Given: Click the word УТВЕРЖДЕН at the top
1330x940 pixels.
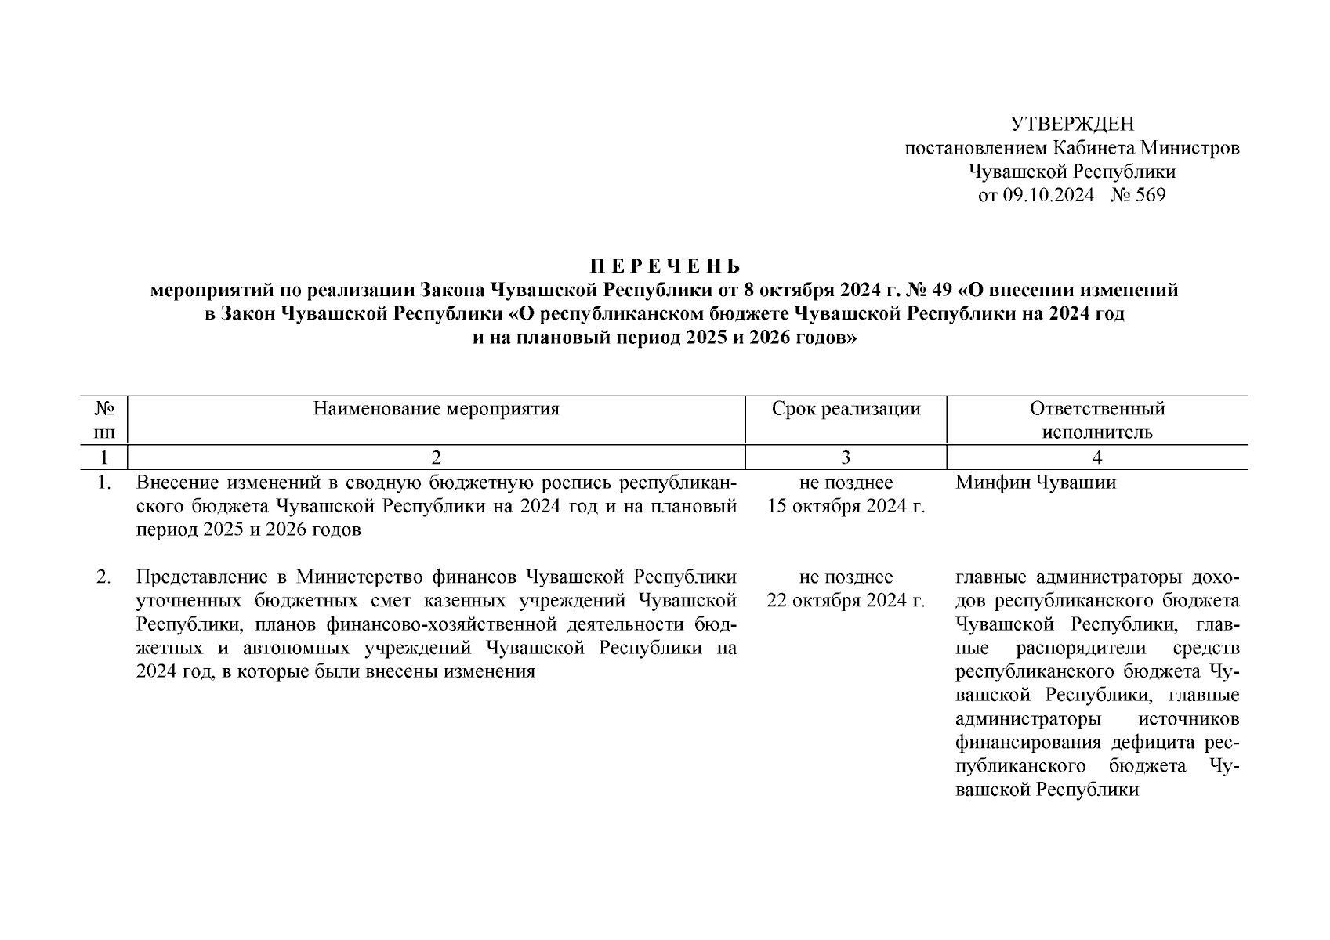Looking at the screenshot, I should [1071, 125].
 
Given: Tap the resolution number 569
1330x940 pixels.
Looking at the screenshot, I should [1148, 195].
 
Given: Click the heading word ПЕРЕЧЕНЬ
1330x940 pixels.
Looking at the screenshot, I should [664, 266].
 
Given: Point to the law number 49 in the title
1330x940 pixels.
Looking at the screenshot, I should [941, 290].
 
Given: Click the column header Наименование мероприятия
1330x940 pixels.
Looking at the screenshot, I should [436, 409].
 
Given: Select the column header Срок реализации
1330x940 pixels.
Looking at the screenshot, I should [846, 409].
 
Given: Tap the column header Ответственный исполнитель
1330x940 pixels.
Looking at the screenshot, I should [1096, 420].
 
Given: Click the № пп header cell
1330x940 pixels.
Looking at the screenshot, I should [105, 420].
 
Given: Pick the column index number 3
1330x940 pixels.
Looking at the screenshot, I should [846, 457].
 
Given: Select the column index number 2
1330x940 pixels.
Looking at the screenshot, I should [436, 457].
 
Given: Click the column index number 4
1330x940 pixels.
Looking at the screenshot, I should [1096, 457].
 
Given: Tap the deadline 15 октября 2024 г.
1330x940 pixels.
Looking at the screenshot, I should [846, 506].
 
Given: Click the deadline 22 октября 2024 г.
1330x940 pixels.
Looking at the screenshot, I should [846, 601].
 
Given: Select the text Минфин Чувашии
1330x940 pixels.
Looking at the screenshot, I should [1035, 483].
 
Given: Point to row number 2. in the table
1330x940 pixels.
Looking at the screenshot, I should [103, 577].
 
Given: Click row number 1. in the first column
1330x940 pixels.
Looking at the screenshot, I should [103, 483].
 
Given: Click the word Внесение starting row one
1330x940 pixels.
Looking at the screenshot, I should [169, 483].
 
